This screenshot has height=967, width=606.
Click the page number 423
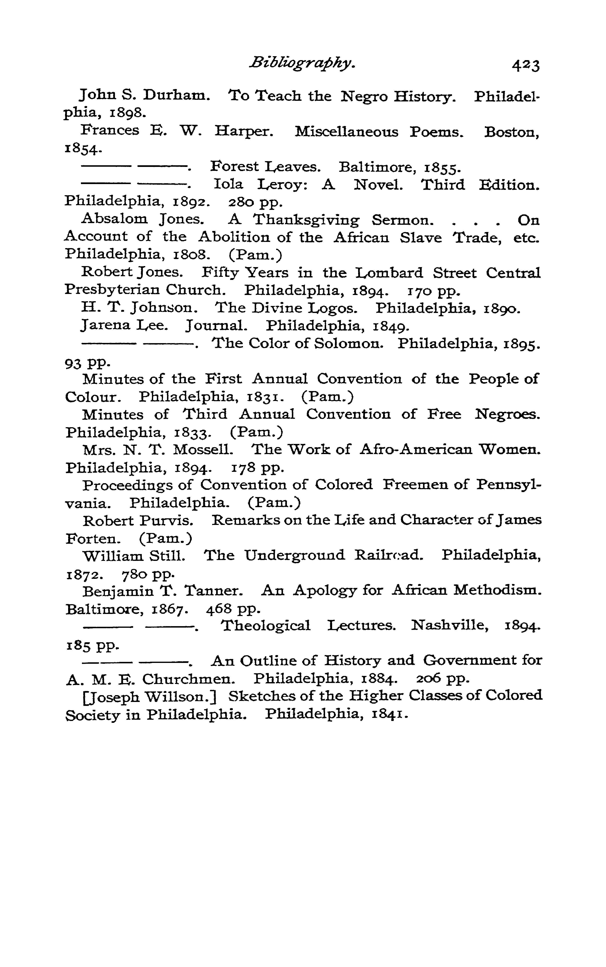pyautogui.click(x=526, y=65)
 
